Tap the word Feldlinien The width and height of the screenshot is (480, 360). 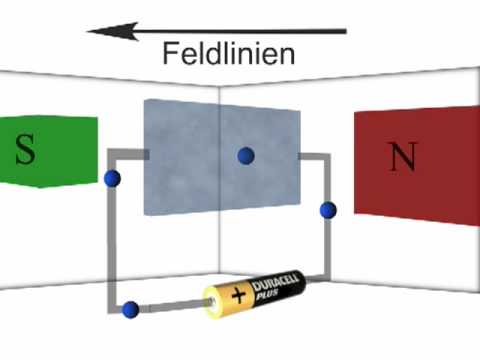(229, 54)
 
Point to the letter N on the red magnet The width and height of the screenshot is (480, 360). (402, 157)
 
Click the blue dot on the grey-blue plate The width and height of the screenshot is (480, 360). (245, 155)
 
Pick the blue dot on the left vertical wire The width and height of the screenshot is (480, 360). (113, 179)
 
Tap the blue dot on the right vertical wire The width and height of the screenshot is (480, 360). (327, 210)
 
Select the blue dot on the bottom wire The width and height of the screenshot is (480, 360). (130, 309)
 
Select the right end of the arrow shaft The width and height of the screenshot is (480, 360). (344, 32)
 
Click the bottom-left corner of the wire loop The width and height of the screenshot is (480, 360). (116, 305)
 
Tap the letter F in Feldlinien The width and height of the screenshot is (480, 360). (170, 54)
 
